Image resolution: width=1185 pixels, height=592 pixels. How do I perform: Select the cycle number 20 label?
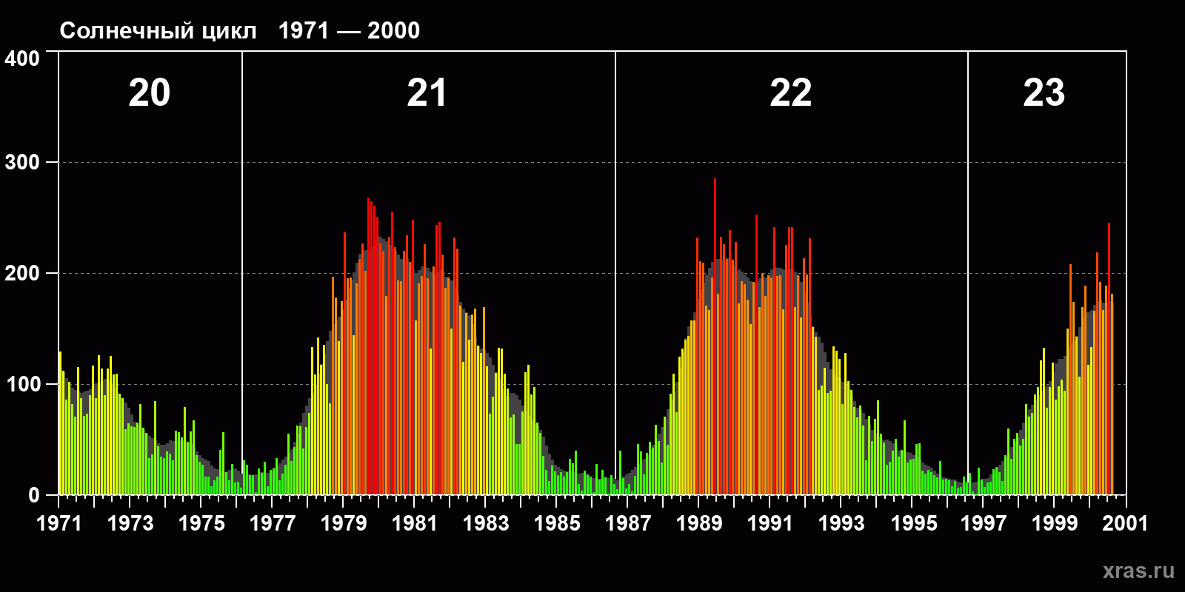click(149, 93)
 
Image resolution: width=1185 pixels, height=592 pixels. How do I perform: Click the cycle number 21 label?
click(427, 93)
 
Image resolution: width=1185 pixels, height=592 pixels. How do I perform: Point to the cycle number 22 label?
click(790, 93)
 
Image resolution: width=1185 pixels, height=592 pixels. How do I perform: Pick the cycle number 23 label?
click(1044, 93)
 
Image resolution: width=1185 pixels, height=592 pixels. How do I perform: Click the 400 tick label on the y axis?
click(22, 58)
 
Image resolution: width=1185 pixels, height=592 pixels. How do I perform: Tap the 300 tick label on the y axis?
click(22, 163)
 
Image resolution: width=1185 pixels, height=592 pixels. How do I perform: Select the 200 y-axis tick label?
click(22, 273)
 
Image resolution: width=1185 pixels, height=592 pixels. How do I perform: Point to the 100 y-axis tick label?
click(22, 384)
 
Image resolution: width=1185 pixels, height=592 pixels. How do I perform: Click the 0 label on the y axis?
click(34, 495)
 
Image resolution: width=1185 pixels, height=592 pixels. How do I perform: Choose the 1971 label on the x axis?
click(59, 523)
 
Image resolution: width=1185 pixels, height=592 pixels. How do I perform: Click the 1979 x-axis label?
click(344, 523)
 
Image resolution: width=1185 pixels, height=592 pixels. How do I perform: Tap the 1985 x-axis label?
click(557, 523)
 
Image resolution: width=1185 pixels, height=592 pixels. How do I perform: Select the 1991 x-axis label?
click(770, 523)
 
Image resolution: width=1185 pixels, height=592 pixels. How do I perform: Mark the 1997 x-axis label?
click(984, 523)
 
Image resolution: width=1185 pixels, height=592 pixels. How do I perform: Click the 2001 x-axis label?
click(1125, 523)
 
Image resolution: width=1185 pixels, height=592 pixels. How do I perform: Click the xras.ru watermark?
click(1138, 571)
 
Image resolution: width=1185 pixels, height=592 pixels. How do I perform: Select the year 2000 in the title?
click(393, 31)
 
